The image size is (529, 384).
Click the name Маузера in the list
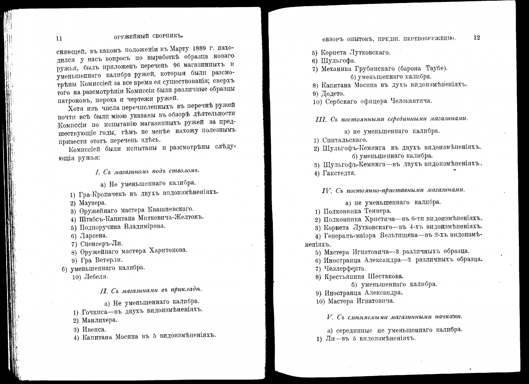[x=93, y=203]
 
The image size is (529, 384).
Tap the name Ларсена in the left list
[x=93, y=236]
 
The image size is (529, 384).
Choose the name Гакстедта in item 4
[x=339, y=173]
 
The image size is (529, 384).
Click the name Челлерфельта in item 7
[x=345, y=269]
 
